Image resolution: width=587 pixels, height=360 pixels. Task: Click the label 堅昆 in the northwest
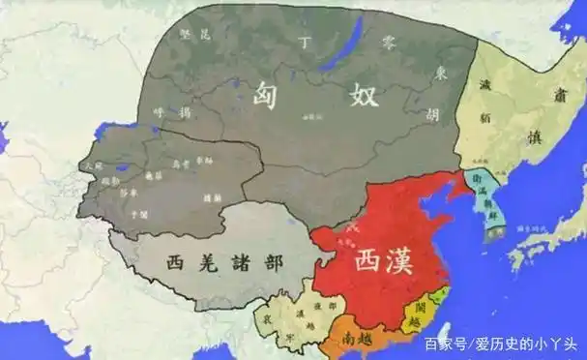[192, 36]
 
